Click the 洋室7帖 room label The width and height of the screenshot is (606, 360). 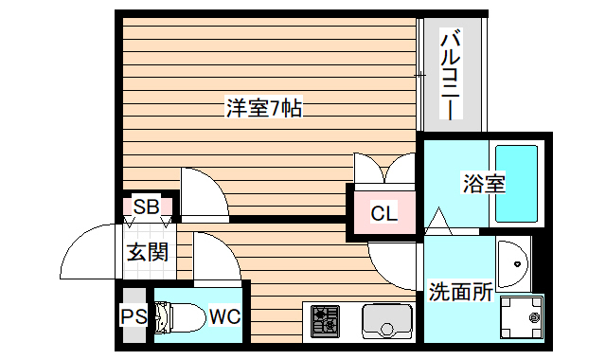tap(263, 108)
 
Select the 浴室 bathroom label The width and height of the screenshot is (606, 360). tap(483, 183)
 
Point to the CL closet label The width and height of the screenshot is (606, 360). tap(383, 213)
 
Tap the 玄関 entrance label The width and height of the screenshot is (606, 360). tap(147, 252)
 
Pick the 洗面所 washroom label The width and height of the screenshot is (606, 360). tap(459, 291)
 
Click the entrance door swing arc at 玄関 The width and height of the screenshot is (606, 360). tap(90, 250)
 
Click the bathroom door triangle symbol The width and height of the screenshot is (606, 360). tap(438, 220)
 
